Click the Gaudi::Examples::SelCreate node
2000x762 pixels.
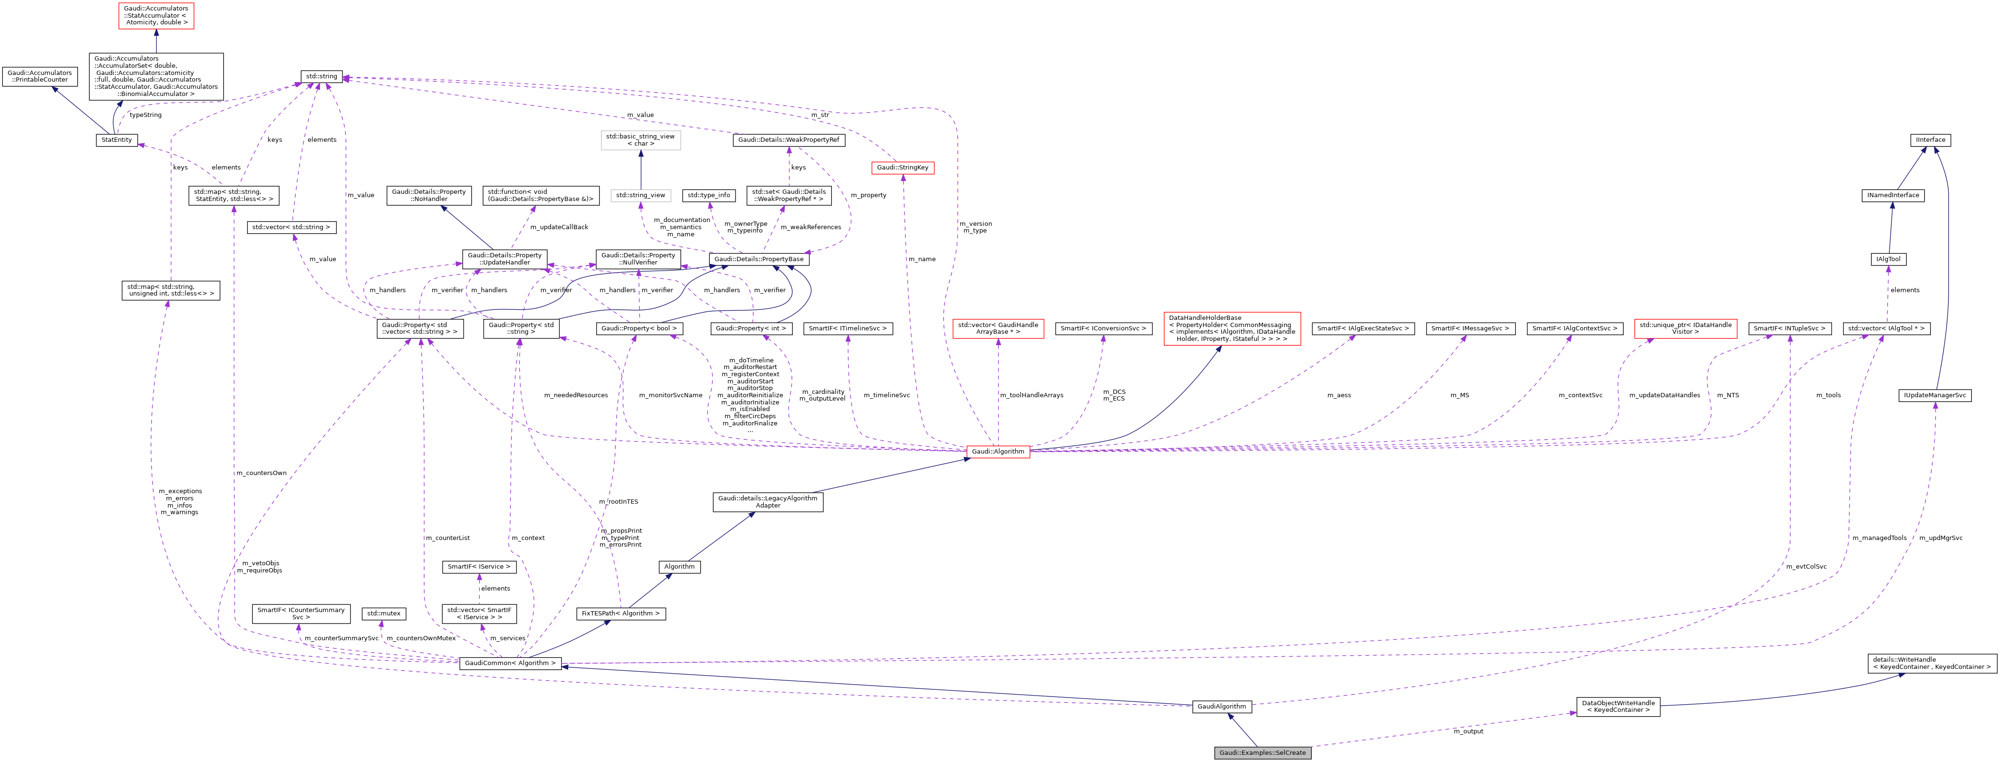pos(1263,752)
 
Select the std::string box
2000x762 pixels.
pos(321,76)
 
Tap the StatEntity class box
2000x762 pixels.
pos(116,140)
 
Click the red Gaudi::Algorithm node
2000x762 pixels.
pos(998,451)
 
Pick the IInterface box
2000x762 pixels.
pos(1930,140)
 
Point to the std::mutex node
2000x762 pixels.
pos(383,614)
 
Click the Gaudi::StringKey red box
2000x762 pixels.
pos(902,168)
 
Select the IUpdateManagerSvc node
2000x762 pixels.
pos(1934,395)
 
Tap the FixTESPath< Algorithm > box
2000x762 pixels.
pos(621,614)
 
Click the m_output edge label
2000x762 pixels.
pos(1468,731)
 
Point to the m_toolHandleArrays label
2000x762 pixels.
pos(1031,395)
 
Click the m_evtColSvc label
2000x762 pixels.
pos(1806,566)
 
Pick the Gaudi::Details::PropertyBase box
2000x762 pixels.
pos(758,259)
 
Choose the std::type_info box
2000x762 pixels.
pos(708,195)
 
